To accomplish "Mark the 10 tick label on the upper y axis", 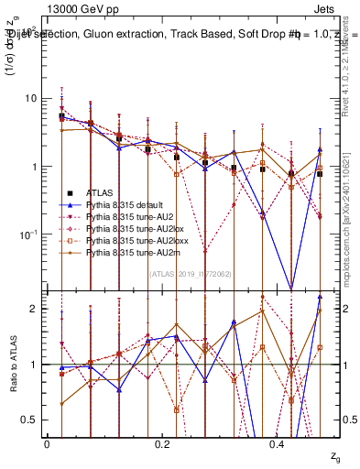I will pyautogui.click(x=32, y=98).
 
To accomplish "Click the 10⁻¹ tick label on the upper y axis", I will pyautogui.click(x=29, y=234).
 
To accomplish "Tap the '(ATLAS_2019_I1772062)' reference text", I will pyautogui.click(x=190, y=272).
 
